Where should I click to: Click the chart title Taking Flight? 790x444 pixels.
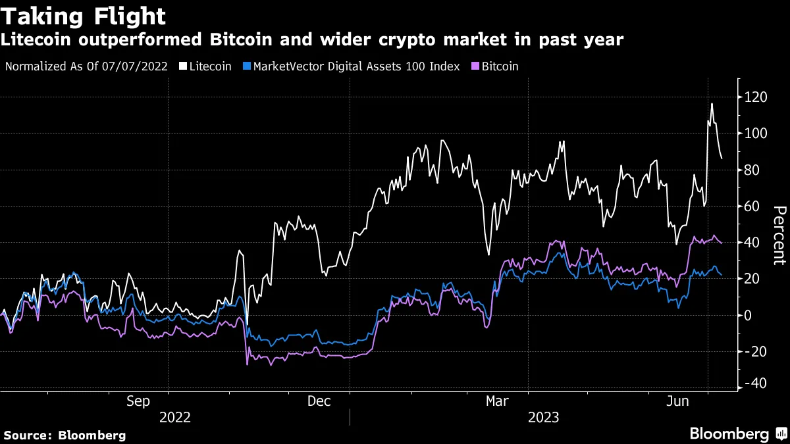point(83,16)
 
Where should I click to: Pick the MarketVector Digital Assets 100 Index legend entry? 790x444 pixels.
point(352,66)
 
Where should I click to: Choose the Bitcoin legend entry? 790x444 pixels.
point(495,66)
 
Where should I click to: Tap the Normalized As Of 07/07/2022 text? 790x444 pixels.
point(86,66)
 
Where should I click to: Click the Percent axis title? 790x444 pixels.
point(779,235)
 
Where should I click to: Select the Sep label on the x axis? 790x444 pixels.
point(138,400)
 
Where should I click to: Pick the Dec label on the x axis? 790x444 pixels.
point(319,400)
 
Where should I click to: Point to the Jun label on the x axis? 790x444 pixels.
point(677,400)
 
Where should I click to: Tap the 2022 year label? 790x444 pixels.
point(174,417)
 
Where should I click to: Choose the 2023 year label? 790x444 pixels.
point(542,417)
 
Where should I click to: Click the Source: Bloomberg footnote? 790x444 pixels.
point(65,435)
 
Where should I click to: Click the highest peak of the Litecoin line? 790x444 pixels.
point(712,104)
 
